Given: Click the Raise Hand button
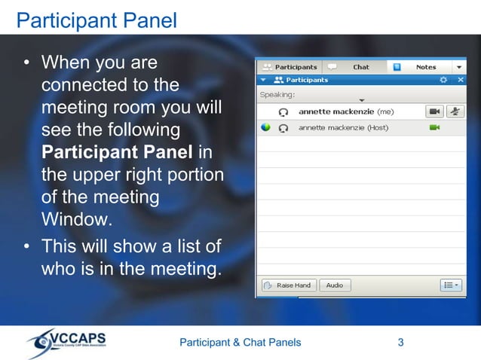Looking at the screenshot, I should [x=288, y=285].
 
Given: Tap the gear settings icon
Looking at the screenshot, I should [x=443, y=80].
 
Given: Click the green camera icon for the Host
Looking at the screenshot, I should [x=434, y=128].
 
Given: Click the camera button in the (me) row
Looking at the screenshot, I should [x=434, y=111].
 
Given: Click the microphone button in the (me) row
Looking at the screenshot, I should [x=455, y=111].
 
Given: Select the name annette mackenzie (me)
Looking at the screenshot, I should [x=345, y=111].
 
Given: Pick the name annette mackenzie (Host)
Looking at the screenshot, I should [x=343, y=128].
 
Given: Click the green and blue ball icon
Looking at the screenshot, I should [x=265, y=128].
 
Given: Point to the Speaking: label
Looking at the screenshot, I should [x=277, y=95].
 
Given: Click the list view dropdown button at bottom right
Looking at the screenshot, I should [x=451, y=285].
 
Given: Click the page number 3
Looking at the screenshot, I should [x=400, y=343].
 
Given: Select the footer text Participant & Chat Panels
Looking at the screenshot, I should [x=240, y=343].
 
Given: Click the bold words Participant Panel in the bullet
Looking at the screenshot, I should [x=118, y=153].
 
